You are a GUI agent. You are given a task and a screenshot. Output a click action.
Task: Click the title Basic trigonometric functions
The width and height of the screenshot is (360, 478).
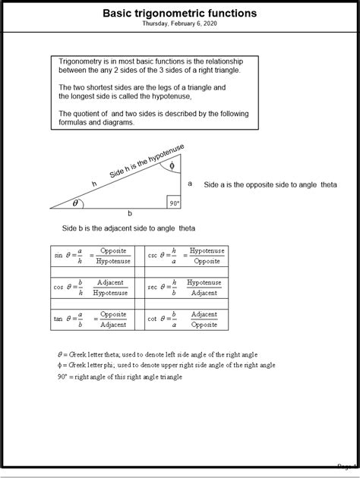(x=179, y=14)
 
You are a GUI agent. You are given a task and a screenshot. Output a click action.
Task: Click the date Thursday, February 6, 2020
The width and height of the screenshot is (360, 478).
(x=179, y=24)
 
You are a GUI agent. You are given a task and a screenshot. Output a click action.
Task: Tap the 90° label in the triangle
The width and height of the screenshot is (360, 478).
(x=174, y=203)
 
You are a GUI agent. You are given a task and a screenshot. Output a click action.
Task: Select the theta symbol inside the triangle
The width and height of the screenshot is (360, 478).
(x=74, y=203)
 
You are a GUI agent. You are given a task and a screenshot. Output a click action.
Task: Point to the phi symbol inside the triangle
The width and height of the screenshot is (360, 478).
(x=172, y=165)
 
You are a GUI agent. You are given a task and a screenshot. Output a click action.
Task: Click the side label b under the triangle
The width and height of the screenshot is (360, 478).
(x=129, y=213)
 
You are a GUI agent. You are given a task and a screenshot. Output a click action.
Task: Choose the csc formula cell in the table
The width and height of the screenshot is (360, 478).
(x=186, y=256)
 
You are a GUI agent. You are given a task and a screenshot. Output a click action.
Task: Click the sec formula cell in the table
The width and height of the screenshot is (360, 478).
(x=186, y=287)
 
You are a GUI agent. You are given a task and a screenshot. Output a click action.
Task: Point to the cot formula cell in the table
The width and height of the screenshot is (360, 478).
(x=186, y=319)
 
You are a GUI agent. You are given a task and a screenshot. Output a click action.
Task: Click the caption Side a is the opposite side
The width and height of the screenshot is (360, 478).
(x=270, y=184)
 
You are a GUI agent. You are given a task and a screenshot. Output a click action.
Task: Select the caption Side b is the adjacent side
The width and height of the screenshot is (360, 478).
(x=128, y=228)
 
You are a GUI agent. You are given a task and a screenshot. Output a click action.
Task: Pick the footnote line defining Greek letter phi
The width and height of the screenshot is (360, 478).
(x=166, y=365)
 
